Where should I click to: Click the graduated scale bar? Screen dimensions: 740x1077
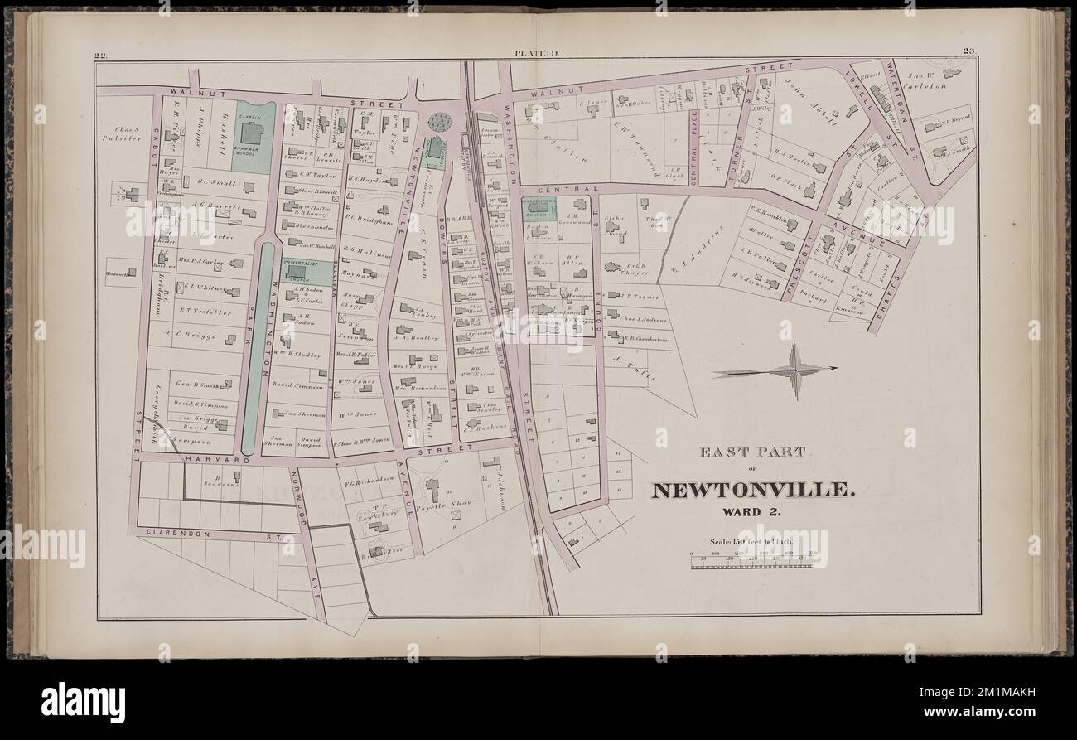[x=752, y=562]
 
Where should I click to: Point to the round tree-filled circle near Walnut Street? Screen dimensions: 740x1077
[x=439, y=122]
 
